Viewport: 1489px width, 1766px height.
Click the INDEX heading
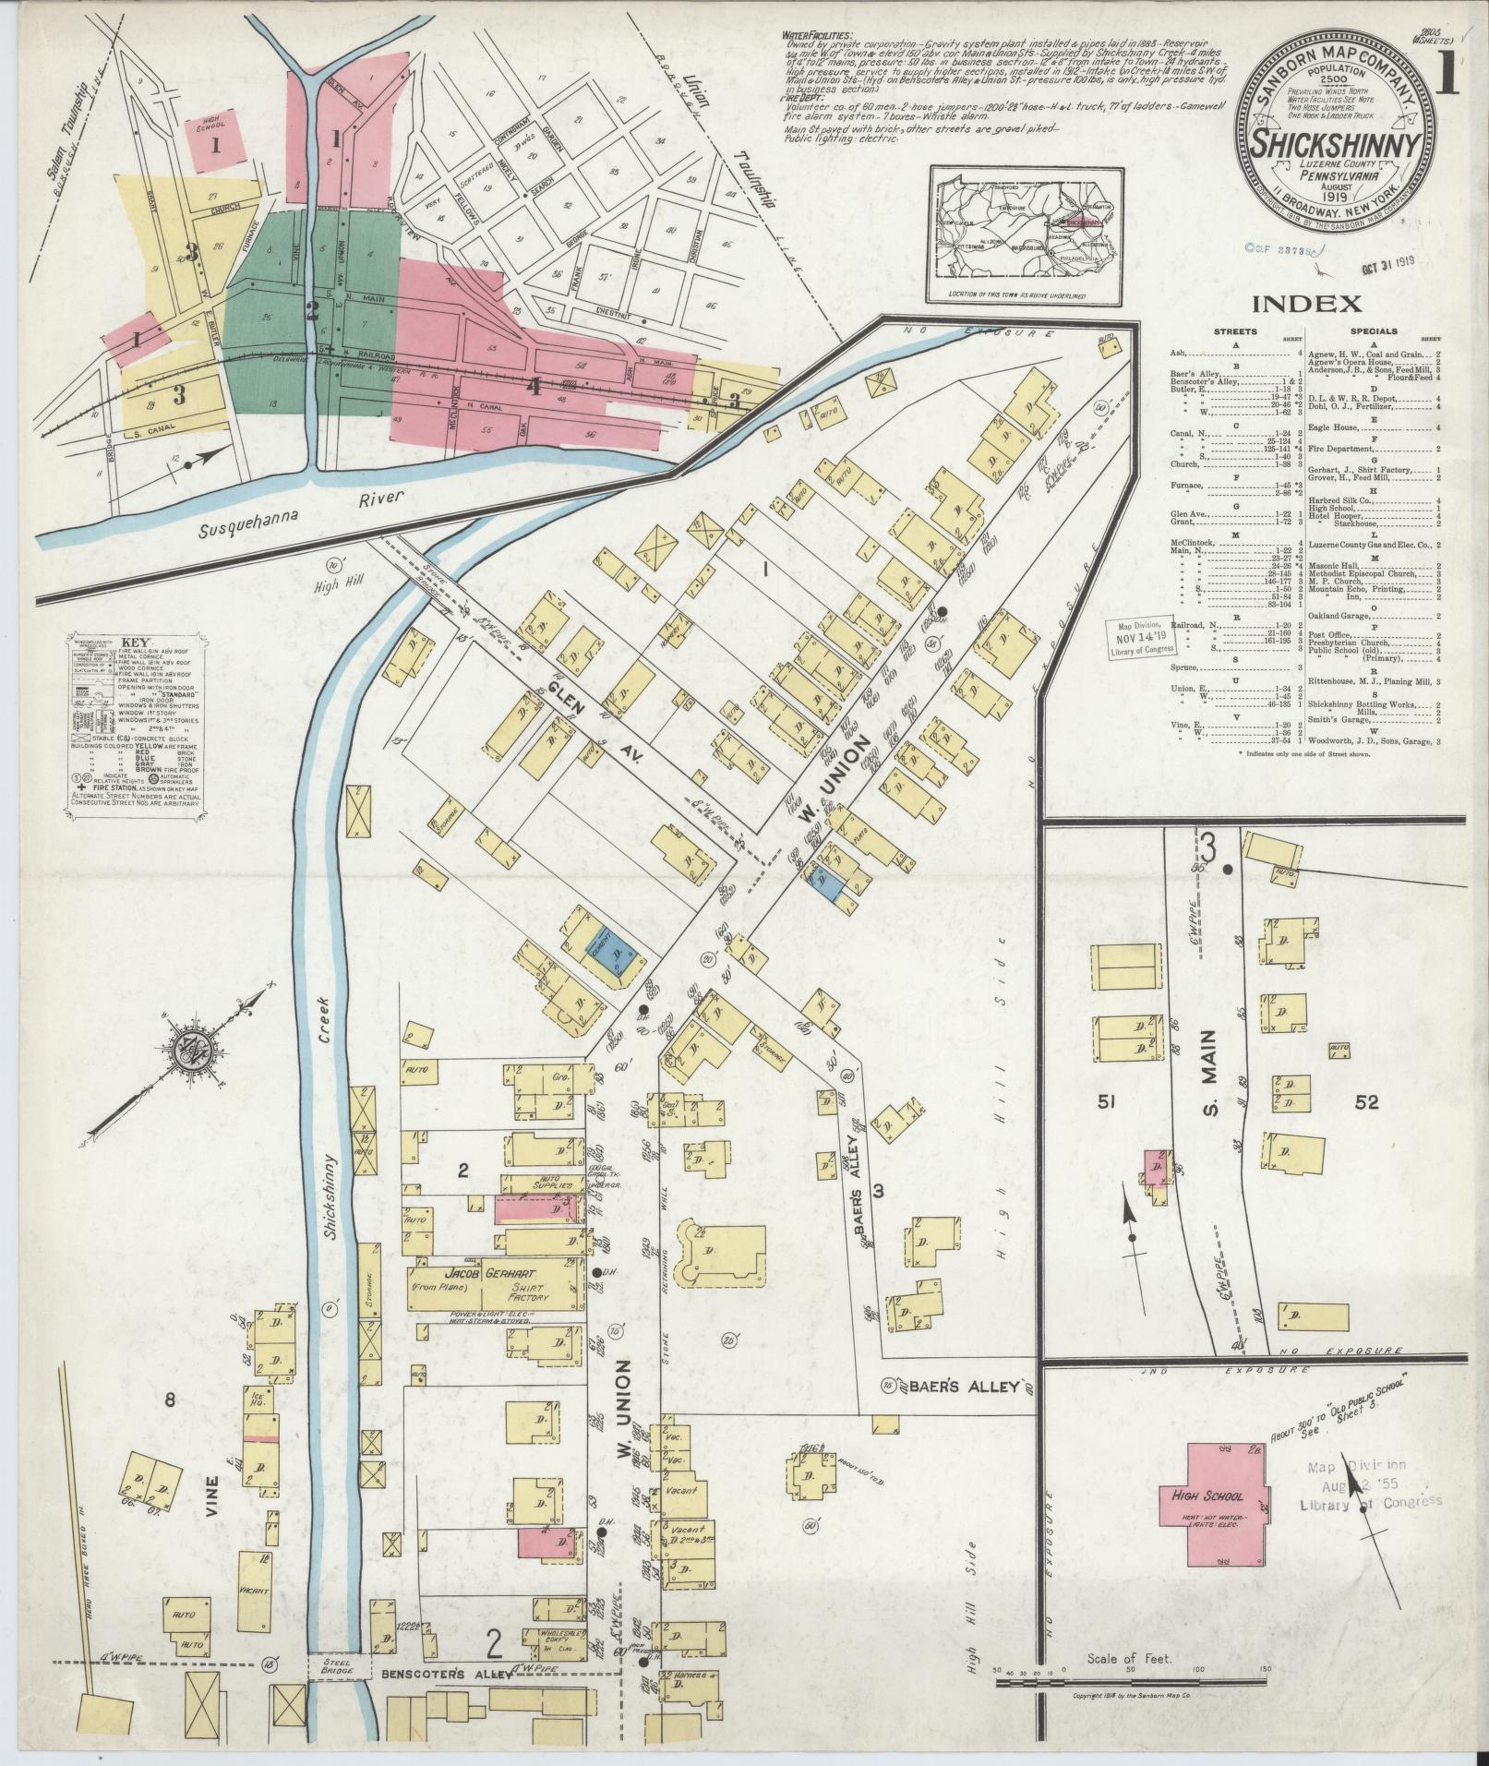coord(1306,304)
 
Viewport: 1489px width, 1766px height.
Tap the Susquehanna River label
coord(303,507)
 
